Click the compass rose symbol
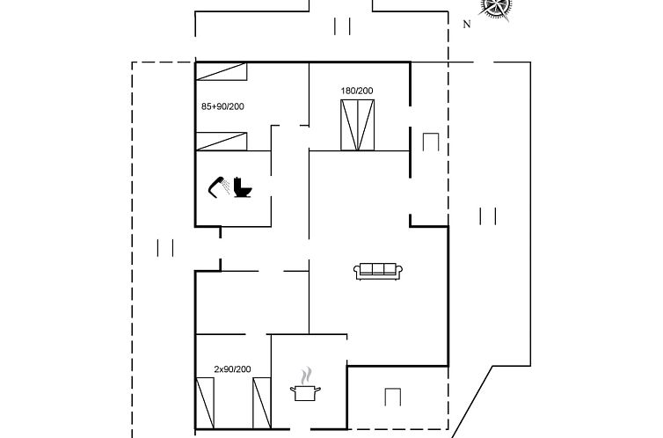(497, 6)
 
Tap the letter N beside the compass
(467, 25)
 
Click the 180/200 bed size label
(357, 91)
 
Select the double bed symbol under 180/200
(357, 125)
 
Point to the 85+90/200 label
(222, 106)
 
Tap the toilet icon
(244, 187)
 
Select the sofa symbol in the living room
(378, 271)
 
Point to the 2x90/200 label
(233, 369)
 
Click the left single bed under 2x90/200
(205, 403)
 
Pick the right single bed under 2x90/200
(261, 403)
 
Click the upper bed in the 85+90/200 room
(222, 71)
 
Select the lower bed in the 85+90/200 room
(222, 141)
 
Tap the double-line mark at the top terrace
(343, 26)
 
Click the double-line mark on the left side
(165, 248)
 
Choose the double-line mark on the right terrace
(489, 216)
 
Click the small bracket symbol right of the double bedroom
(431, 142)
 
